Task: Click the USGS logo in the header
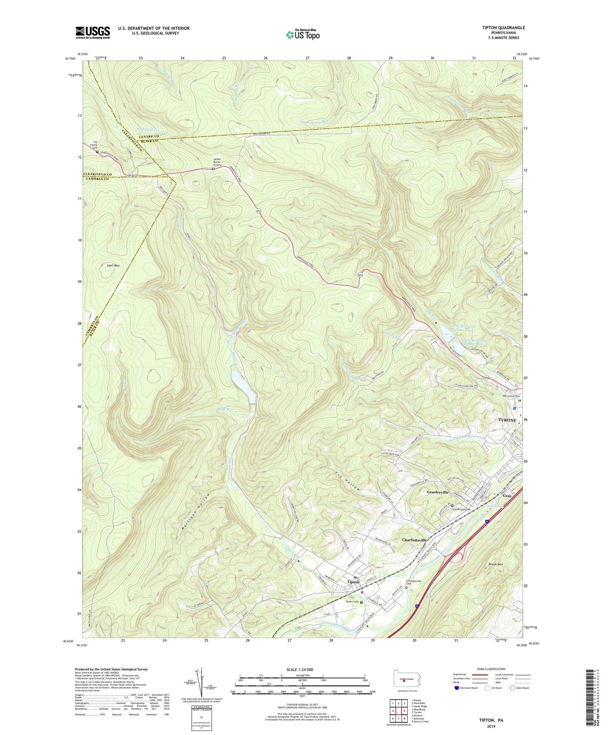(x=92, y=32)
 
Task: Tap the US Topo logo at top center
(x=302, y=35)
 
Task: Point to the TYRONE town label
(x=507, y=420)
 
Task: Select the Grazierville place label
(x=440, y=492)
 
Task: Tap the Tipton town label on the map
(x=353, y=582)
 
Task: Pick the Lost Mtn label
(x=112, y=266)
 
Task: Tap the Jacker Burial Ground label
(x=217, y=162)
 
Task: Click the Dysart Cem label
(x=352, y=602)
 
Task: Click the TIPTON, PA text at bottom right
(x=491, y=720)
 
